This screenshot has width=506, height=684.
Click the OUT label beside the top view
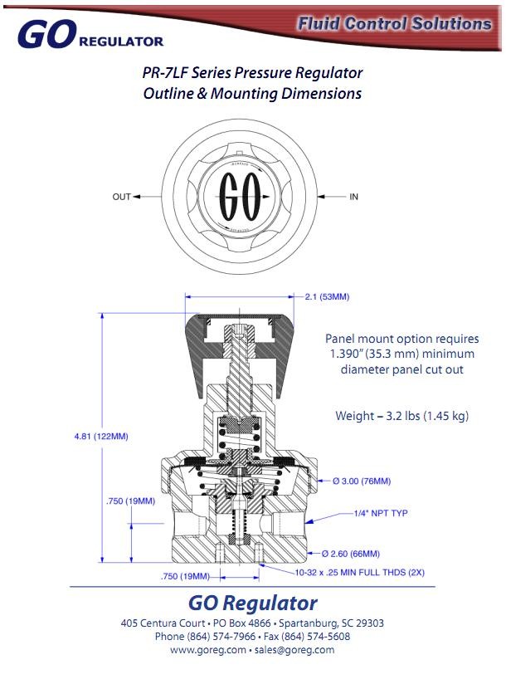(x=121, y=197)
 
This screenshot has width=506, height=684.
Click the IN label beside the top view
(x=353, y=197)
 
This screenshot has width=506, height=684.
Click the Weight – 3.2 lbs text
(x=401, y=415)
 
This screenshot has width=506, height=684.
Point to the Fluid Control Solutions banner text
(x=394, y=23)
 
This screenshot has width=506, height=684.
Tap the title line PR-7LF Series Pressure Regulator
(x=253, y=72)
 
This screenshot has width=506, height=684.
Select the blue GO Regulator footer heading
(x=253, y=603)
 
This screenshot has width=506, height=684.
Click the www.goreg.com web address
(x=208, y=650)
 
